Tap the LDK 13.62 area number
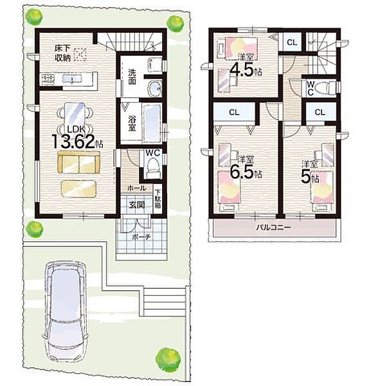click(x=74, y=142)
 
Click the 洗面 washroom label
click(x=132, y=77)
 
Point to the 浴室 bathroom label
click(x=132, y=123)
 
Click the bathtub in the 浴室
click(x=152, y=124)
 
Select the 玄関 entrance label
click(x=137, y=205)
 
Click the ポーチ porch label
click(x=141, y=237)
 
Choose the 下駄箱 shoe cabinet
click(x=158, y=199)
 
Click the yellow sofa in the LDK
click(x=78, y=163)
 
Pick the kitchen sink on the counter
click(x=72, y=79)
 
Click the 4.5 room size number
click(x=241, y=70)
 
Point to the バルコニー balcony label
click(x=273, y=228)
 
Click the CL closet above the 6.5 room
click(x=234, y=112)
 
